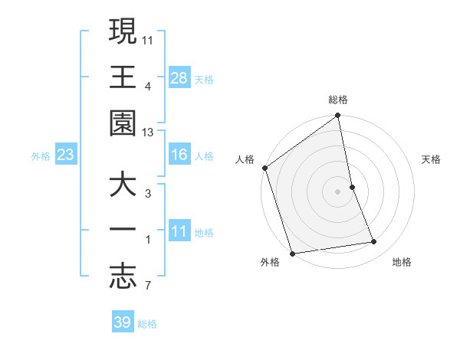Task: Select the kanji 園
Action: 123,123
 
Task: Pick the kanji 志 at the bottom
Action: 123,278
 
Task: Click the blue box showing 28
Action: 179,78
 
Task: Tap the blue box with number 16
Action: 179,155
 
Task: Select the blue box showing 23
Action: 66,155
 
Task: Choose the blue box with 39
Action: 123,322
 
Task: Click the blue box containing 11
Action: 179,232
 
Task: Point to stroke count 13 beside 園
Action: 148,133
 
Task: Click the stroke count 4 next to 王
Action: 147,87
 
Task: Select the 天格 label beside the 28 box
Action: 204,79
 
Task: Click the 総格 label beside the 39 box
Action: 147,323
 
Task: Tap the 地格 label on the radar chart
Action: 402,262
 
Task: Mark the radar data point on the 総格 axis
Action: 337,116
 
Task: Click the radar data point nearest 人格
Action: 264,168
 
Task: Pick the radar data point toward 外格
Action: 292,253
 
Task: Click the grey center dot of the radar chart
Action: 337,191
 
